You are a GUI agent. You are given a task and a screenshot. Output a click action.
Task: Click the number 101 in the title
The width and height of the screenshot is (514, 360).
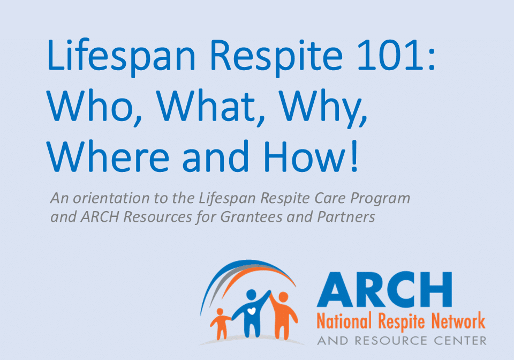point(388,55)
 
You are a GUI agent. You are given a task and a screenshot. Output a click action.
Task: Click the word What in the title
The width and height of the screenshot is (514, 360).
point(206,106)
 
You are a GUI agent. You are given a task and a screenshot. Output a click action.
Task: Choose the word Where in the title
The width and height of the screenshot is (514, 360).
point(108,156)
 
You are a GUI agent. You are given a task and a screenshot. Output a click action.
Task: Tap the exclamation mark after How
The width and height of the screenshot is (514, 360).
point(354,156)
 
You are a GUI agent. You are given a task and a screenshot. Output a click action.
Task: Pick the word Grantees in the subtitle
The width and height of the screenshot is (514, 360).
point(251,217)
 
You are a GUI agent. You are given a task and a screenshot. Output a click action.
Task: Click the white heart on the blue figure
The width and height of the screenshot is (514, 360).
point(251,310)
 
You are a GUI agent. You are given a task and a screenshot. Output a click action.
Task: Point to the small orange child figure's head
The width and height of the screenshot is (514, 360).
point(220,311)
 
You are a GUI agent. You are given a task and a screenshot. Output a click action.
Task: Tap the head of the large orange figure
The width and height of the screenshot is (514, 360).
point(283,297)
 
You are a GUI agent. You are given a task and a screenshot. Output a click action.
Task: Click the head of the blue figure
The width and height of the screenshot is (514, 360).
point(251,295)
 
